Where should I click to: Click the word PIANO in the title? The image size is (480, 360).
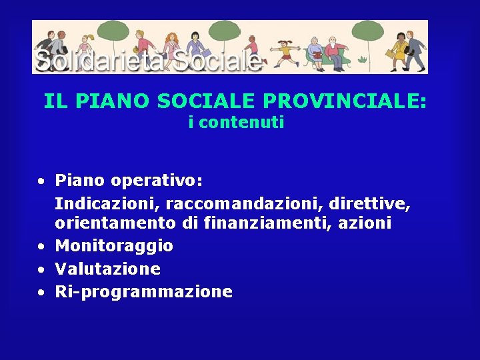113,101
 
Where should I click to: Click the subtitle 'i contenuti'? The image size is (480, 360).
237,122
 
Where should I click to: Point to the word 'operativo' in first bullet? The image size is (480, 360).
157,181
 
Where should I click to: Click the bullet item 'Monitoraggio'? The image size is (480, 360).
114,247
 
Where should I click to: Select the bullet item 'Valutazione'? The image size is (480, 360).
107,269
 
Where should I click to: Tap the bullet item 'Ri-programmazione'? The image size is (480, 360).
143,291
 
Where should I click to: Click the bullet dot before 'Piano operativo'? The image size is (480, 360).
41,181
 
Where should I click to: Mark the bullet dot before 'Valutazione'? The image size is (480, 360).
41,269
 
